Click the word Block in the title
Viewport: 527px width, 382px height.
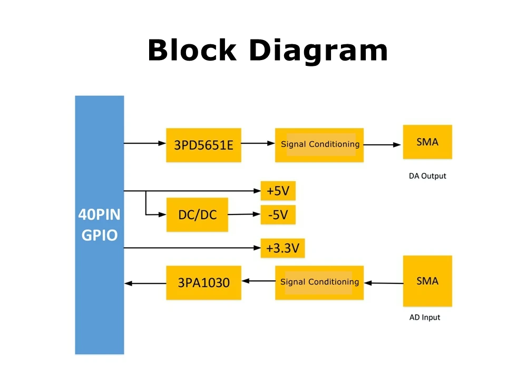pyautogui.click(x=192, y=51)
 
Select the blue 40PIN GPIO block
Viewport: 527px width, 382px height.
pyautogui.click(x=99, y=224)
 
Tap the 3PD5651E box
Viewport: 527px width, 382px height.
pyautogui.click(x=203, y=144)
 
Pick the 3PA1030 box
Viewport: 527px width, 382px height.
pyautogui.click(x=203, y=282)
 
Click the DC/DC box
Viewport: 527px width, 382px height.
pyautogui.click(x=197, y=214)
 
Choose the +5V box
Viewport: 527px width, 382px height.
pyautogui.click(x=278, y=191)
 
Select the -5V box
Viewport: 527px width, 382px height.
pyautogui.click(x=278, y=214)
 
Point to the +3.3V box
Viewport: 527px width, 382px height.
pyautogui.click(x=282, y=248)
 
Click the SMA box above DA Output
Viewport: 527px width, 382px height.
pyautogui.click(x=427, y=142)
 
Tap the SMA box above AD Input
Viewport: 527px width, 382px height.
pyautogui.click(x=427, y=281)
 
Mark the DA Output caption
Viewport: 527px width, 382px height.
pyautogui.click(x=427, y=176)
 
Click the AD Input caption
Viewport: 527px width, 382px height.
pyautogui.click(x=424, y=317)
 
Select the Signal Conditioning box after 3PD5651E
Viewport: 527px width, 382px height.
pyautogui.click(x=319, y=144)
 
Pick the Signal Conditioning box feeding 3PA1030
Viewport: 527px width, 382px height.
pyautogui.click(x=319, y=282)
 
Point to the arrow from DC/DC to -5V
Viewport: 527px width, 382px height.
pyautogui.click(x=245, y=214)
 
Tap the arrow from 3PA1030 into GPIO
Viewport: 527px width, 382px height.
pyautogui.click(x=145, y=283)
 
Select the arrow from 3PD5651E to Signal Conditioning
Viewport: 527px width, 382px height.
pyautogui.click(x=258, y=143)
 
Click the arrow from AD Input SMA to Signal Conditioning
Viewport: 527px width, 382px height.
pyautogui.click(x=383, y=283)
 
